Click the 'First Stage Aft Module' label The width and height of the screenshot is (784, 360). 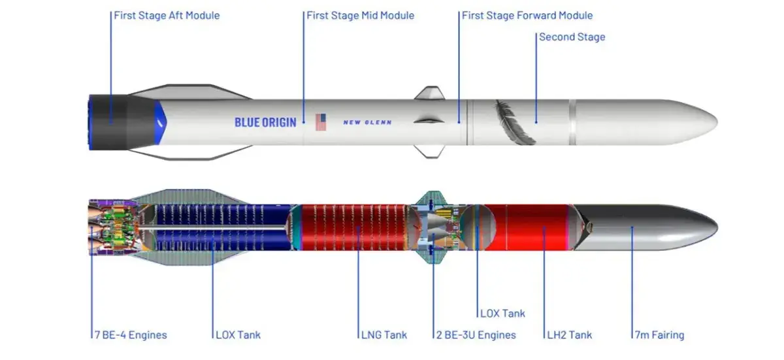coord(167,15)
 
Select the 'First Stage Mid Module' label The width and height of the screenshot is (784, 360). coord(361,15)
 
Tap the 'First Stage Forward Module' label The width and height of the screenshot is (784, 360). coord(527,15)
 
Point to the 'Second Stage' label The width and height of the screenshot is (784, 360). coord(572,37)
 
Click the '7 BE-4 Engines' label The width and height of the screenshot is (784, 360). coord(131,335)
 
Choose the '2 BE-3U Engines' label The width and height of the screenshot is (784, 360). coord(476,335)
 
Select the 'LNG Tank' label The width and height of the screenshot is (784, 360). coord(384,335)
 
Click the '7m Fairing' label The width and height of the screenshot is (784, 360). coord(659,335)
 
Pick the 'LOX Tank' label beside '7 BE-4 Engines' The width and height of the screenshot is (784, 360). coord(238,335)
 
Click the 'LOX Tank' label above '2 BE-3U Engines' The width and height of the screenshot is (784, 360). coord(502,314)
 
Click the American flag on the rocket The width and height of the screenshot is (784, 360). coord(321,122)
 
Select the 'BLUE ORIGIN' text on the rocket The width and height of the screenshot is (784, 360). coord(265,122)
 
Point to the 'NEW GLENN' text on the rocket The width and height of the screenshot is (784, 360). coord(368,122)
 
